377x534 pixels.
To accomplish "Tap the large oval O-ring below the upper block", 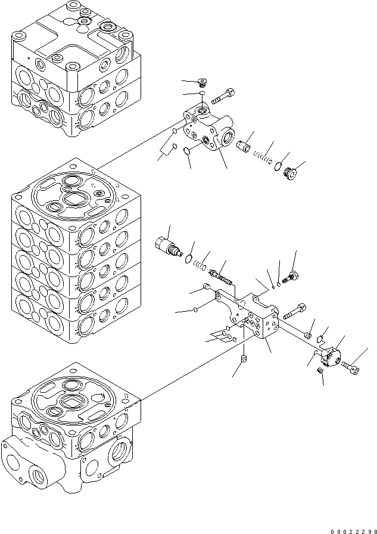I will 186,150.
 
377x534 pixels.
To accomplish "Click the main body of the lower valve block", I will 256,316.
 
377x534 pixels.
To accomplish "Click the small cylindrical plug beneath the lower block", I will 244,359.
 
